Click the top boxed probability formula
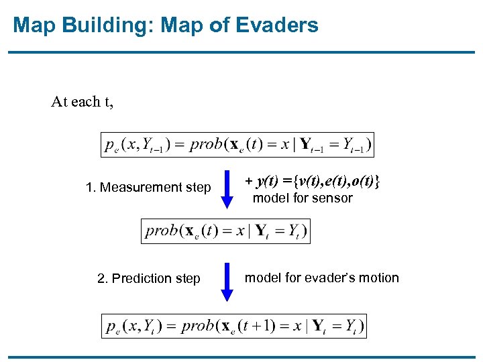[x=237, y=144]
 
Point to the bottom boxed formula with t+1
[x=234, y=326]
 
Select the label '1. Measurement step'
[x=148, y=188]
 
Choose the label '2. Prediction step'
[x=149, y=278]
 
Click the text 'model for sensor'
[x=302, y=198]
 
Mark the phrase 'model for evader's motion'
[x=321, y=278]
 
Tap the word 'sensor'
[x=332, y=198]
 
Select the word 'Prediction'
[x=142, y=278]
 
